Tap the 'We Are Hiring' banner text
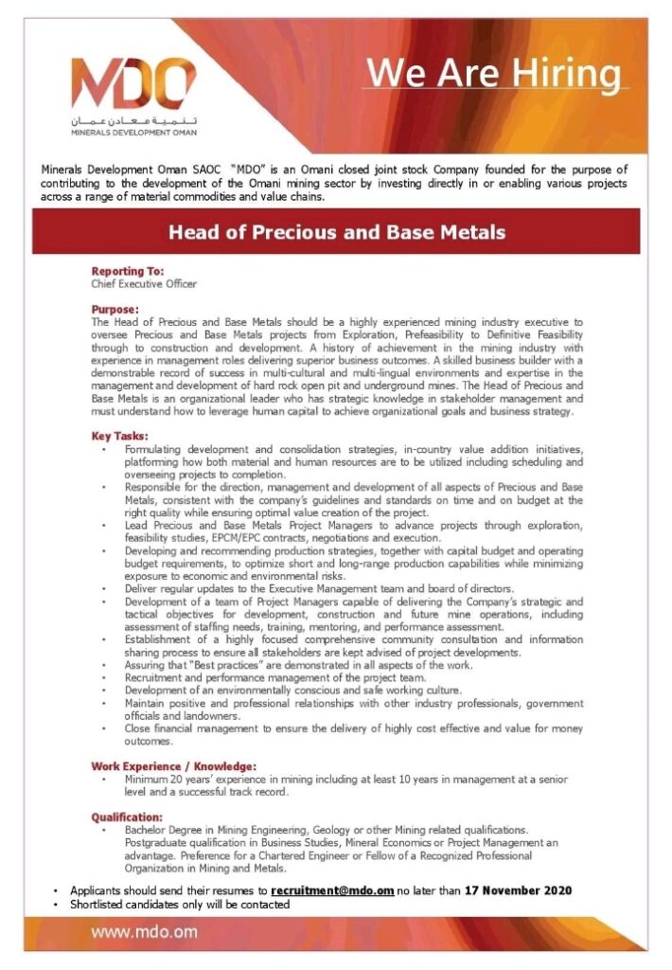[x=495, y=73]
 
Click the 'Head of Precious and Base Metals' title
[x=336, y=232]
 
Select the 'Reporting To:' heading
[x=128, y=272]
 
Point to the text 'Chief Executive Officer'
[x=144, y=283]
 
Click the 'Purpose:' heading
[x=115, y=310]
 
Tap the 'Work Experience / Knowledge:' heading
[x=173, y=765]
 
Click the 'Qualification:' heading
[x=127, y=817]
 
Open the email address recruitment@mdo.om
[x=332, y=891]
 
